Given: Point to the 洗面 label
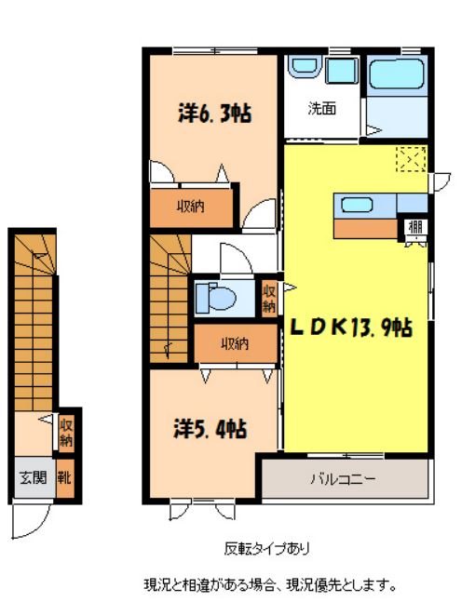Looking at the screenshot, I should click(x=322, y=108).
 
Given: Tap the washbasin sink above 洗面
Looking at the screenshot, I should click(x=305, y=70).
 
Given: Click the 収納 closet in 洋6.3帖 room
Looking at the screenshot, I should click(x=191, y=206).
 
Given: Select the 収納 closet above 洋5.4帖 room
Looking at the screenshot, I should click(x=235, y=343).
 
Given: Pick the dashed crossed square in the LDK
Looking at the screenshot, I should click(x=411, y=159).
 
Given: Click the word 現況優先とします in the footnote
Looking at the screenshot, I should click(x=344, y=585).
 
